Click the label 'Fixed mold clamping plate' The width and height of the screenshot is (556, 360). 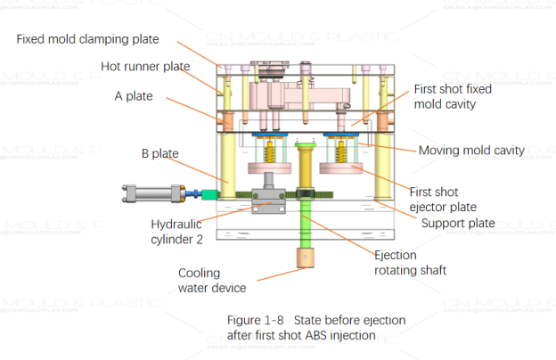[x=87, y=38]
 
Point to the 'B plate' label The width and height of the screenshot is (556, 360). [x=159, y=153]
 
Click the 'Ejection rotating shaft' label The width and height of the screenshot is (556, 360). [x=405, y=263]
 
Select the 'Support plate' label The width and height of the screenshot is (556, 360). [x=457, y=223]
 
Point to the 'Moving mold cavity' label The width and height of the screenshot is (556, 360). [x=470, y=150]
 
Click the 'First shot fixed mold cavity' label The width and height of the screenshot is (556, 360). [x=453, y=96]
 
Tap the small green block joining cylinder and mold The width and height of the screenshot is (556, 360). [x=210, y=194]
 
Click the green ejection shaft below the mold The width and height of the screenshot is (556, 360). [x=304, y=227]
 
